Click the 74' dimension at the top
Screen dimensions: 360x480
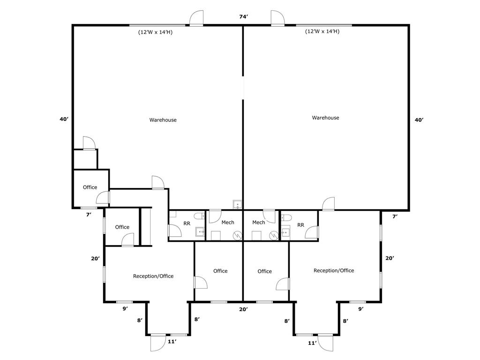(243, 17)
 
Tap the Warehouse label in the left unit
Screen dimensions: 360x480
(163, 120)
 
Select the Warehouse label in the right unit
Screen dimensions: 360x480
(325, 118)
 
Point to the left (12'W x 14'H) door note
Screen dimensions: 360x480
(155, 32)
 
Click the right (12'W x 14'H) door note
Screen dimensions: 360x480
(322, 31)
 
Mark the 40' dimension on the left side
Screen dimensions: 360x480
(64, 119)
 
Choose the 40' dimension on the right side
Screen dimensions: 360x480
(419, 120)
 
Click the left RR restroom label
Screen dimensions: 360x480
(187, 224)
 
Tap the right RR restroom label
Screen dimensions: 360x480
(300, 225)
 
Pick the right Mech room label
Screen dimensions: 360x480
(258, 222)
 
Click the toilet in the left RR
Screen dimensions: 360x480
(200, 216)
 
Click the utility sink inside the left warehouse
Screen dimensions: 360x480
(238, 204)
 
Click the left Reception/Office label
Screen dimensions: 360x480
(153, 276)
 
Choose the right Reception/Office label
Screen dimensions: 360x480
(334, 270)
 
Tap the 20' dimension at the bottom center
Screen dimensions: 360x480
(243, 309)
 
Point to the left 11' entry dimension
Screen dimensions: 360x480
(172, 342)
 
